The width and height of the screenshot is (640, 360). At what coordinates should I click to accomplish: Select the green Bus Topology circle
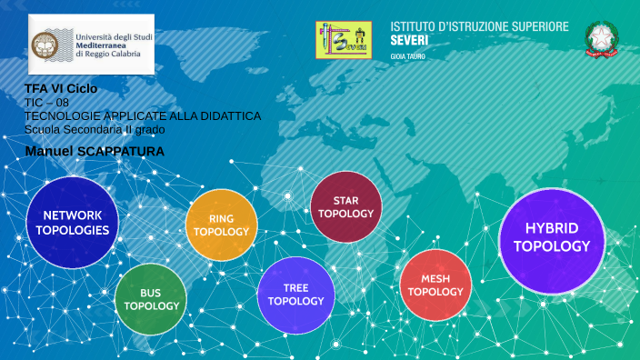coord(151,299)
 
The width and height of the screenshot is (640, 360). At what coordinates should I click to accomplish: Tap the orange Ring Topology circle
coord(221,225)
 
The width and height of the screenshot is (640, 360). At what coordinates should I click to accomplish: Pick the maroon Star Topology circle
coord(345,207)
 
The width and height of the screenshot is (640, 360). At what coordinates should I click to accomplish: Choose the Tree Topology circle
coord(295,295)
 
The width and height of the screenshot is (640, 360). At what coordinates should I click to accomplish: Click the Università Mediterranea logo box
coord(91,44)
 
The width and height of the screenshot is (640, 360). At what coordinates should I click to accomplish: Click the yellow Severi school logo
coord(344,40)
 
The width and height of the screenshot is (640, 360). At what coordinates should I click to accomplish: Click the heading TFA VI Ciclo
coord(61,89)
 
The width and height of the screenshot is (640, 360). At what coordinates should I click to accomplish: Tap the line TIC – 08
coord(46,103)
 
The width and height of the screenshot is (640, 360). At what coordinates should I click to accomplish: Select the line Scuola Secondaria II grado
coord(95,129)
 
